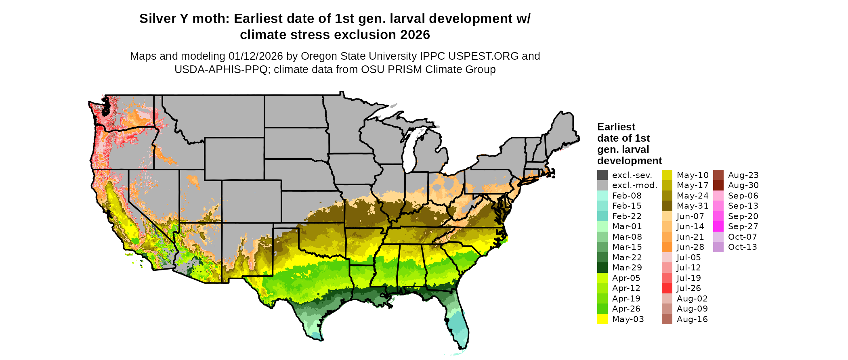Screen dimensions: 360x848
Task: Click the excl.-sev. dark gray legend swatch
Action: pos(602,175)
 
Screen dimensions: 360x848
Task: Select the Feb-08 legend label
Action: pos(626,196)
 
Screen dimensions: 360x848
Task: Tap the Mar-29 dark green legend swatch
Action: pos(602,268)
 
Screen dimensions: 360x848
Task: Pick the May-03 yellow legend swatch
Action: pos(602,319)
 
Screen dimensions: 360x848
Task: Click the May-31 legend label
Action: pos(692,206)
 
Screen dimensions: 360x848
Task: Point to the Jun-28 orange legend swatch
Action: pos(667,247)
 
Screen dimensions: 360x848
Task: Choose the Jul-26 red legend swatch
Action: pos(667,288)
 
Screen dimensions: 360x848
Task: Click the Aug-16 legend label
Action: pos(692,319)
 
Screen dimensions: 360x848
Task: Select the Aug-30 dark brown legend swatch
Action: pos(718,185)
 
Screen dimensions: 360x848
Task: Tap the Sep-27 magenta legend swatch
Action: pos(718,226)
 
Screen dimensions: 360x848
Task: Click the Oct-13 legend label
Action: pos(742,247)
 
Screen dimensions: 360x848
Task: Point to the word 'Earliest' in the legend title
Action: pos(616,127)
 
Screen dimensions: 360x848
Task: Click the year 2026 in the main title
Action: pos(415,35)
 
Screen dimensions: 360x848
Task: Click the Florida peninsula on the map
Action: pos(458,323)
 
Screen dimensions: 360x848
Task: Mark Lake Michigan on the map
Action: pos(409,153)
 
